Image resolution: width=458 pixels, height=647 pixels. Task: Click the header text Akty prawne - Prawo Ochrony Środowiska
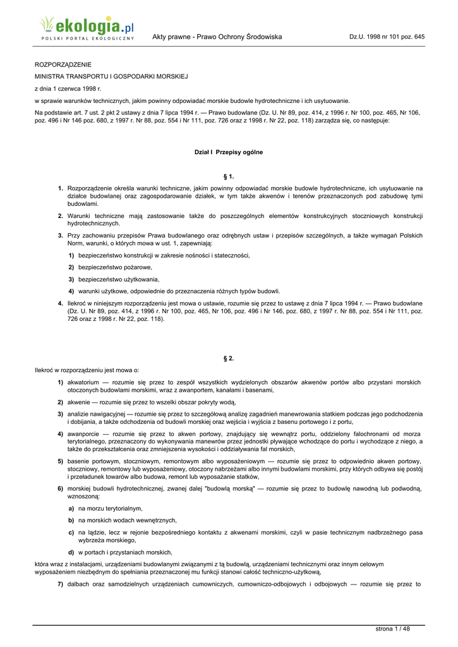(217, 37)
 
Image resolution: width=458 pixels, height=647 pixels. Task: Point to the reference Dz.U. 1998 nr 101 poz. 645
(387, 37)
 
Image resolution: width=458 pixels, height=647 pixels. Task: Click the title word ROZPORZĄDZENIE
(63, 64)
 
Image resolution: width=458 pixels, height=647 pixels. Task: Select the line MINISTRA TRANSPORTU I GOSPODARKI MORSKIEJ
(111, 76)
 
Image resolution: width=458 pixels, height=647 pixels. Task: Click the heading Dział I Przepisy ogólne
(229, 152)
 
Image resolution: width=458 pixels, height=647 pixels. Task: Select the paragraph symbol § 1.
(229, 176)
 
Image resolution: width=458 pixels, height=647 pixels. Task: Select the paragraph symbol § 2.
(229, 358)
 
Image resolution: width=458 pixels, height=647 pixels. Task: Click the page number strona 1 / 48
(392, 629)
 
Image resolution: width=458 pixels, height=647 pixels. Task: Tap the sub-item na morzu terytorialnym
(111, 508)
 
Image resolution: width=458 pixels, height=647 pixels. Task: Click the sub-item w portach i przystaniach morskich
(125, 552)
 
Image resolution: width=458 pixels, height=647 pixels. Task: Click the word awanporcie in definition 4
(83, 434)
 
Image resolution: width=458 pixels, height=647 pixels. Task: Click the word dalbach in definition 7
(80, 584)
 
